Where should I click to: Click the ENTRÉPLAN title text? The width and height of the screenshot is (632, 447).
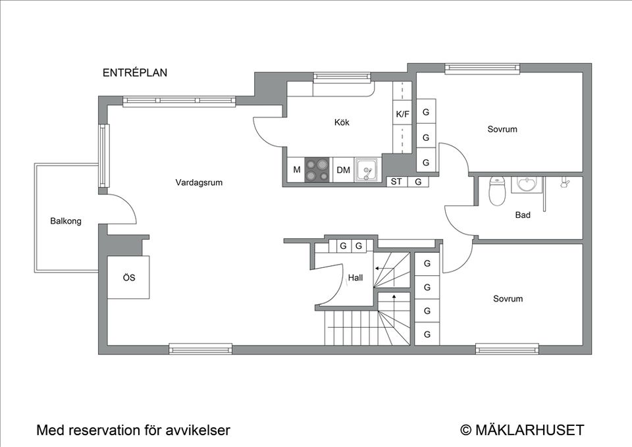(134, 73)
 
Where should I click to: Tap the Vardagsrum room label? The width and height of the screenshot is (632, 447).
(198, 182)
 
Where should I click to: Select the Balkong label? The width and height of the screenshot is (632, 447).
(66, 221)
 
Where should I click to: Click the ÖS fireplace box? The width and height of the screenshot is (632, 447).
(129, 278)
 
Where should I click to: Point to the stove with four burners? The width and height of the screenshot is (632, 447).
(317, 170)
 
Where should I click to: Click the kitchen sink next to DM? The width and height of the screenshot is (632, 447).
(366, 170)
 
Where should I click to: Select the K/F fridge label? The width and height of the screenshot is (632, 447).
(402, 114)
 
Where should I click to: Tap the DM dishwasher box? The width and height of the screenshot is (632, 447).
(343, 170)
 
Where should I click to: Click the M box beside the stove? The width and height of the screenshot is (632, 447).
(296, 170)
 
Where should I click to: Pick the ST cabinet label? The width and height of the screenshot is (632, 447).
(396, 182)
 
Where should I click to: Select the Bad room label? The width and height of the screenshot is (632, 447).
(523, 215)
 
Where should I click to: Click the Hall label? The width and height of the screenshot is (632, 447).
(355, 278)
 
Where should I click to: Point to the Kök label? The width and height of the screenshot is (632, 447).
(342, 122)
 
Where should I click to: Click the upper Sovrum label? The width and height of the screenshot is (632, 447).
(502, 129)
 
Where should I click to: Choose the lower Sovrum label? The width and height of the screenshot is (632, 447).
(508, 299)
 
